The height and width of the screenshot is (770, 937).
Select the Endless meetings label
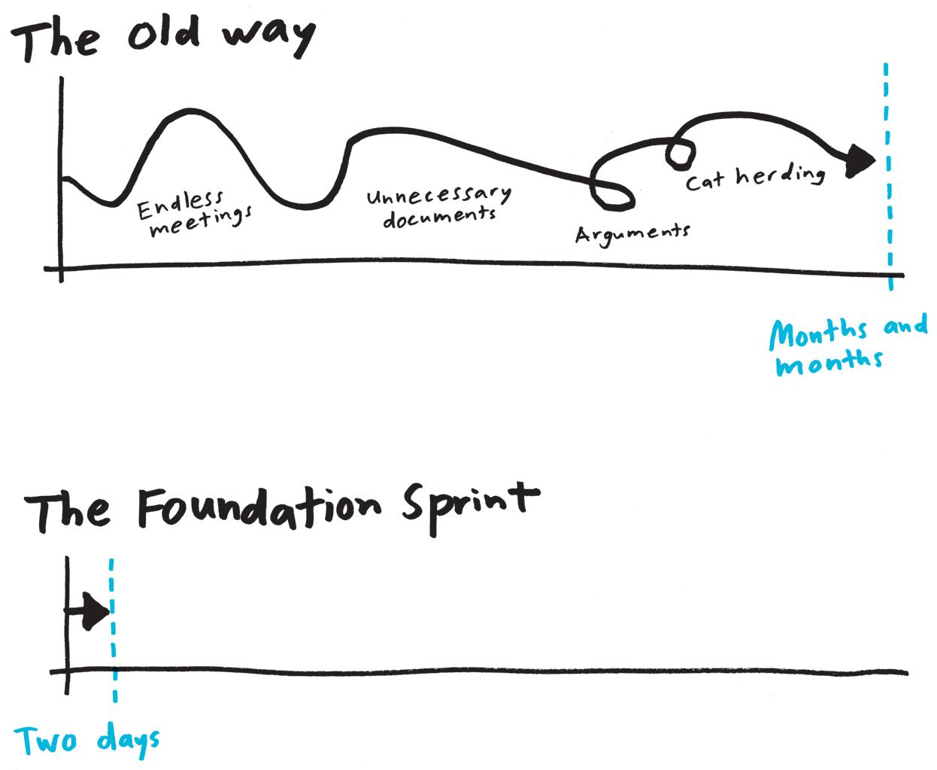coord(194,213)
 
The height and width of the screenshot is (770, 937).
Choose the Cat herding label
coord(755,178)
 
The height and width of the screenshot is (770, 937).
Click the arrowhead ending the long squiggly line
coord(860,160)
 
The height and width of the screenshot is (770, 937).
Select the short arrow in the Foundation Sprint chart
coord(90,610)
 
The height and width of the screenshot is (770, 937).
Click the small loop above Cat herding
coord(680,154)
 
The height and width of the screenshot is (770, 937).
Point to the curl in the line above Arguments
coord(613,192)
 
